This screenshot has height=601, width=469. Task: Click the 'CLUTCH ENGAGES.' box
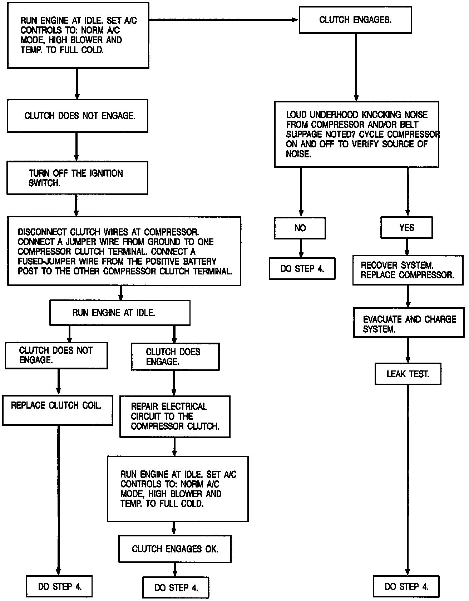[x=356, y=20]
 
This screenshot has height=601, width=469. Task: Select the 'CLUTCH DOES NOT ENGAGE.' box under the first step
[x=78, y=116]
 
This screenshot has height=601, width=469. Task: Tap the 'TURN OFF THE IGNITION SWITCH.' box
[x=77, y=178]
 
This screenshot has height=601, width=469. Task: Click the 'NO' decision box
[x=300, y=228]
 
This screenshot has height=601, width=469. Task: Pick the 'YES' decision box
[x=406, y=228]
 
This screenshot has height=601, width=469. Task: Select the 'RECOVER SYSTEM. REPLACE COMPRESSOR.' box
[x=408, y=270]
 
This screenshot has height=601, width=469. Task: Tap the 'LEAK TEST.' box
[x=408, y=374]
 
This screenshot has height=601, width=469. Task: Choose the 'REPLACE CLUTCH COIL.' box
[x=58, y=409]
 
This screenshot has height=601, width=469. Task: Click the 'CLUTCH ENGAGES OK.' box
[x=175, y=549]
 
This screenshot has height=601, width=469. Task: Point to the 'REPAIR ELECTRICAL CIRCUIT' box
[x=175, y=416]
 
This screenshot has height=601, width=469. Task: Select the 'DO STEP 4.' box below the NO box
[x=302, y=269]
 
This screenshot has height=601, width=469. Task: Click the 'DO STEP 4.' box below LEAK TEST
[x=406, y=586]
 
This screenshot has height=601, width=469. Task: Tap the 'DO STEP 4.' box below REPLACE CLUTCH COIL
[x=59, y=586]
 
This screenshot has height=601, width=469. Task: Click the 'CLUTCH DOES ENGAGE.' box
[x=175, y=357]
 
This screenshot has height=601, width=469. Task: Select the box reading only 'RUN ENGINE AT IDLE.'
[x=120, y=313]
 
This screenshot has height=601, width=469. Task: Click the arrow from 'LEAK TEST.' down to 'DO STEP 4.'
[x=408, y=482]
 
